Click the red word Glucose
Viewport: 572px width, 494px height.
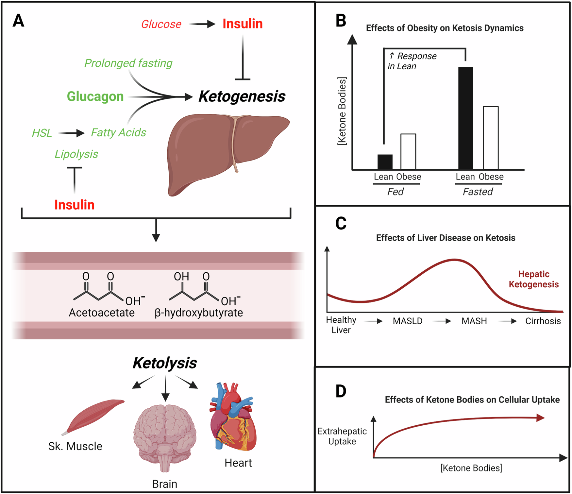[161, 24]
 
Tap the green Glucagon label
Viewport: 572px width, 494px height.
[95, 96]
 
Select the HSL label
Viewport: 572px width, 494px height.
[42, 133]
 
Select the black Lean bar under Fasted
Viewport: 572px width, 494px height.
[465, 118]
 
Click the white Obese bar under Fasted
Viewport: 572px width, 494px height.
[491, 138]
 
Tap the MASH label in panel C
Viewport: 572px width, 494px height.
[474, 321]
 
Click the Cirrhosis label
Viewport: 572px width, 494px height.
[543, 321]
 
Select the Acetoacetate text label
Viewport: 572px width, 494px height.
[102, 313]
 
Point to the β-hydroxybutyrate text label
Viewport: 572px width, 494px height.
[199, 313]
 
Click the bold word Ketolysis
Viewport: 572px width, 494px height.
[165, 363]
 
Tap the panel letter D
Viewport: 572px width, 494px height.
[341, 391]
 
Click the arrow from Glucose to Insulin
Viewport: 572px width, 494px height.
[202, 24]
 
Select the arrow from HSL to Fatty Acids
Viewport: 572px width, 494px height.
[71, 133]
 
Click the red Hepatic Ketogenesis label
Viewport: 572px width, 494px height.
[533, 279]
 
